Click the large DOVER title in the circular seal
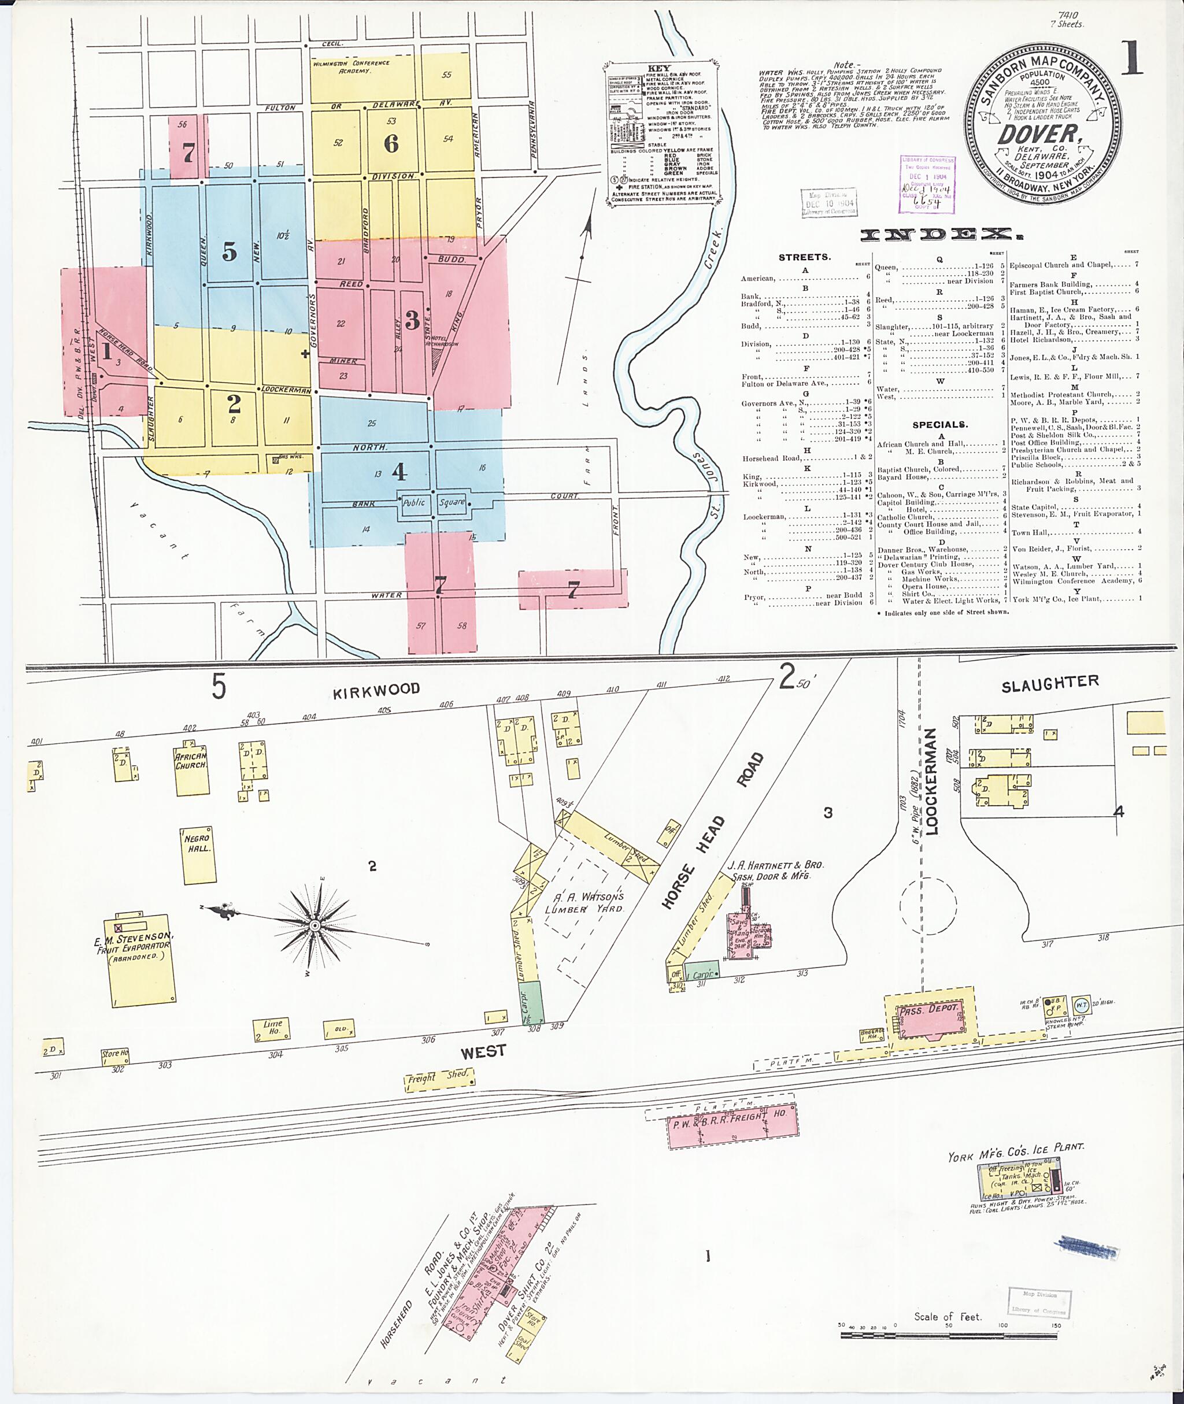coord(1039,135)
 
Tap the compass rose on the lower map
coord(314,925)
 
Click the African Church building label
coord(191,761)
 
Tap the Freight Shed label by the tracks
coord(439,1078)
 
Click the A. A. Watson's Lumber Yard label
coord(584,903)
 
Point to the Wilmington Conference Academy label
coord(350,66)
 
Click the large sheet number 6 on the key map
coord(391,143)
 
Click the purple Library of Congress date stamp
coord(927,184)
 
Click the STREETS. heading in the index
coord(804,257)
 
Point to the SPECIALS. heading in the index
coord(939,425)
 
